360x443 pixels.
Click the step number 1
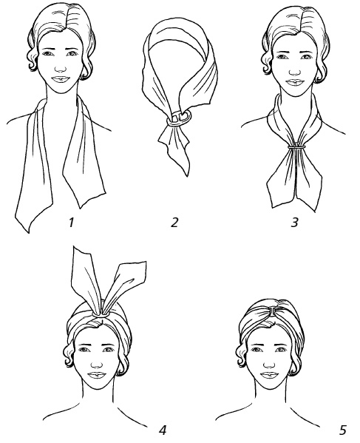[x=71, y=222]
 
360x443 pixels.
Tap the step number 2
[x=174, y=222]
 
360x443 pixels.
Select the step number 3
[x=294, y=222]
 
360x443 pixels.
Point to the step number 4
[x=163, y=430]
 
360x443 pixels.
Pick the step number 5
[x=342, y=430]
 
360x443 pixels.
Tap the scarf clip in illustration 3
[x=296, y=146]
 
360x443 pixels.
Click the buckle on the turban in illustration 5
[x=273, y=311]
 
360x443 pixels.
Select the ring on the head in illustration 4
[x=100, y=314]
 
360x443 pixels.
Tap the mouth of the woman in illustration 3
[x=295, y=83]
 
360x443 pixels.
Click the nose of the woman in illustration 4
[x=97, y=365]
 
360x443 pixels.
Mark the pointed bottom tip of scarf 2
[x=187, y=176]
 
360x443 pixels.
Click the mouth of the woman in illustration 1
[x=61, y=79]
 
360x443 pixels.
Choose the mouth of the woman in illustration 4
[x=97, y=375]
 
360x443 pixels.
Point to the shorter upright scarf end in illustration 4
[x=124, y=285]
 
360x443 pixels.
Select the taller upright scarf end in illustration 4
[x=85, y=277]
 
